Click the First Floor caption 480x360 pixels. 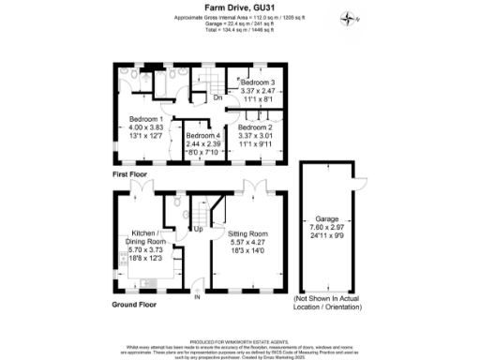coord(131,174)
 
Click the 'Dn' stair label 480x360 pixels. coord(217,97)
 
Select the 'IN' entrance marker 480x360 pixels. coord(198,298)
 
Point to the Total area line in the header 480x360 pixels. coord(239,30)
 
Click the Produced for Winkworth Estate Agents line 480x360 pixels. coord(239,342)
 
